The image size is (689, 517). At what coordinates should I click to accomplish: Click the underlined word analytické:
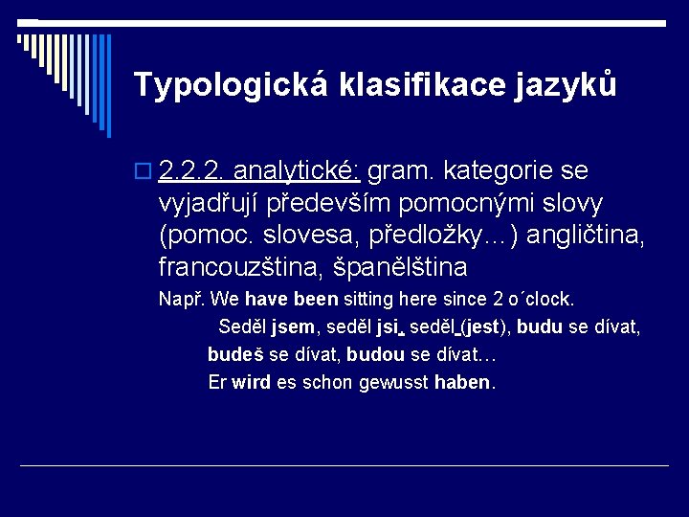(x=297, y=171)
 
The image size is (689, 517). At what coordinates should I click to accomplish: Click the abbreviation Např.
(x=181, y=299)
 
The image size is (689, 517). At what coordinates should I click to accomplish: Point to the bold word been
(x=316, y=299)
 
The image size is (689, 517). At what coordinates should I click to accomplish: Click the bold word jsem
(x=293, y=326)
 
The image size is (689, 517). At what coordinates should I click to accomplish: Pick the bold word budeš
(x=235, y=354)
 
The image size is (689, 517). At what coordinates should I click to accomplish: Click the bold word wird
(x=251, y=382)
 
